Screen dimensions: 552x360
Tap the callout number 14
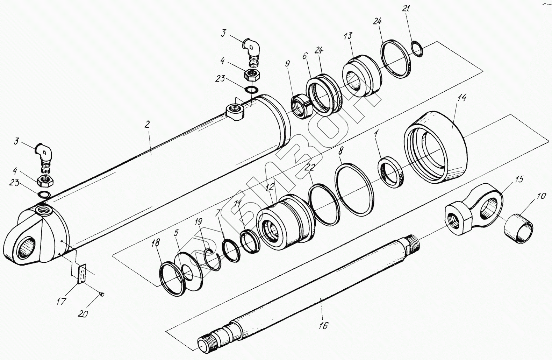click(462, 98)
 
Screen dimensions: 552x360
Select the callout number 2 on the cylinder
click(147, 124)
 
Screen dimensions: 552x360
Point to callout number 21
click(406, 8)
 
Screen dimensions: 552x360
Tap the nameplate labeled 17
click(82, 274)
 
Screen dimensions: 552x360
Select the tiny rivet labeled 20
click(102, 294)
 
